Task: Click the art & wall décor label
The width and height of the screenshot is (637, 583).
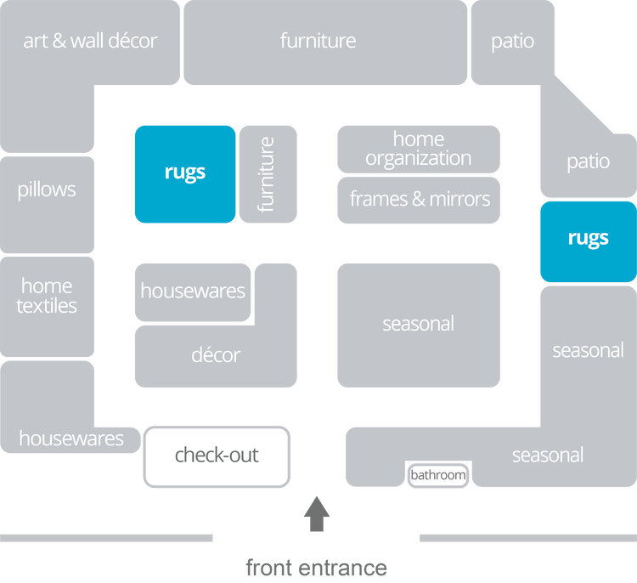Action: click(x=90, y=41)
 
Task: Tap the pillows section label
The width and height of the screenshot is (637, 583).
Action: click(x=47, y=190)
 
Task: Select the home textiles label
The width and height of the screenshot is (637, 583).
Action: click(x=47, y=296)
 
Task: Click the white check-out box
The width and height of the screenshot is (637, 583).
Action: click(x=217, y=456)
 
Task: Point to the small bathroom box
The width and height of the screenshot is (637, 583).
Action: click(x=438, y=475)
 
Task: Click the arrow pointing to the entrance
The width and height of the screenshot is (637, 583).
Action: click(x=317, y=513)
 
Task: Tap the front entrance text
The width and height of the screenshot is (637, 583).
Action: click(x=317, y=567)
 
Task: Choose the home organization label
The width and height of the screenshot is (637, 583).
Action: click(x=418, y=149)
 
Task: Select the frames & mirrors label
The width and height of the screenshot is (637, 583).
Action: click(x=420, y=199)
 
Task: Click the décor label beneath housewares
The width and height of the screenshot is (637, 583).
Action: click(x=216, y=355)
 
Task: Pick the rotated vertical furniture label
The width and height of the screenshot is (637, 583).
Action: click(x=267, y=174)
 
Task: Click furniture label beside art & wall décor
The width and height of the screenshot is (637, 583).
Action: click(x=318, y=41)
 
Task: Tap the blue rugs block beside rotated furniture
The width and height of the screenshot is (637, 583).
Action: click(x=185, y=173)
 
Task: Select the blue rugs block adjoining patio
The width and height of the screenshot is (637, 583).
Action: click(x=588, y=237)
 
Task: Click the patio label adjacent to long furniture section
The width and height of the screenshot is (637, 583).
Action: click(x=512, y=41)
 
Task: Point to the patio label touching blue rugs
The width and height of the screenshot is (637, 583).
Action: click(x=588, y=161)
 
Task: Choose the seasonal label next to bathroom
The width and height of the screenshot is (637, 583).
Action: click(x=547, y=456)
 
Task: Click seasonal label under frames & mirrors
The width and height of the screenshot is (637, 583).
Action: click(x=418, y=324)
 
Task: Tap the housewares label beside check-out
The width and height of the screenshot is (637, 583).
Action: click(x=71, y=439)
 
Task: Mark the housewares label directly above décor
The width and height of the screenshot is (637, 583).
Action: click(x=193, y=291)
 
